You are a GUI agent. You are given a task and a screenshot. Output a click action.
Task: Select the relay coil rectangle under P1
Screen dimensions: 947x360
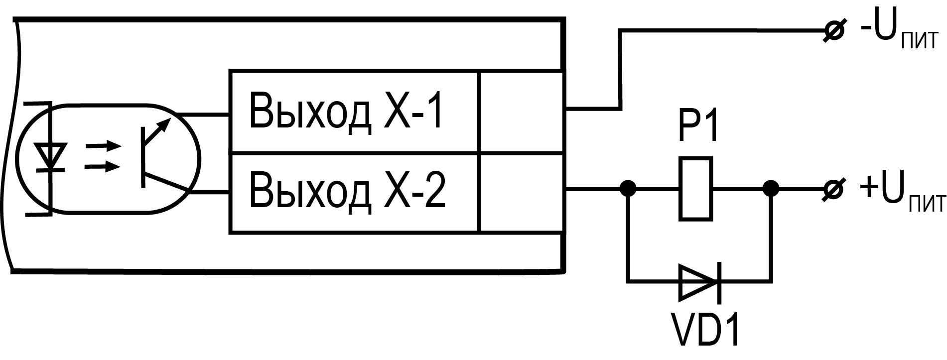pos(696,189)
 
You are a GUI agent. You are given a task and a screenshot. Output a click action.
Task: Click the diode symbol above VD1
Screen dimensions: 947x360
pos(699,282)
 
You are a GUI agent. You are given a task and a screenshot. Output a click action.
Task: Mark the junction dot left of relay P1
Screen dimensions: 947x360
pos(628,189)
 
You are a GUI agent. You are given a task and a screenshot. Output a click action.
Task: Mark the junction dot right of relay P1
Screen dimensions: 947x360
pos(771,189)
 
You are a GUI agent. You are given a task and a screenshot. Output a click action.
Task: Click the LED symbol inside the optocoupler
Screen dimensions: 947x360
pos(51,158)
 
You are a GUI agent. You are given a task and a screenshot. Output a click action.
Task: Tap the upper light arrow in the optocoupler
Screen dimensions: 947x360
pos(103,147)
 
